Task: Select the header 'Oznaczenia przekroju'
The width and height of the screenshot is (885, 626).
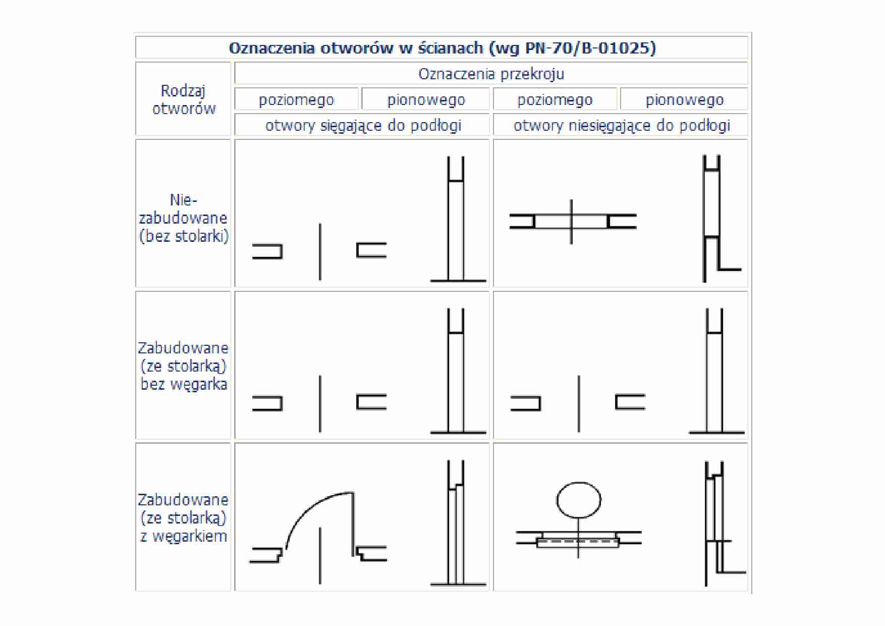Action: [x=491, y=74]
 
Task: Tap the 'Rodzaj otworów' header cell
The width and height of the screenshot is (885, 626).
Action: [x=184, y=99]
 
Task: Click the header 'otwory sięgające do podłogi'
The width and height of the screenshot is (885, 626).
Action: [x=363, y=125]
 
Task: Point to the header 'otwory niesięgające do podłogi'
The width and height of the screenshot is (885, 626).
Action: [x=622, y=125]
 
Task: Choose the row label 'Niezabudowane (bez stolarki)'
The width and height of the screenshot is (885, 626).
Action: [x=184, y=218]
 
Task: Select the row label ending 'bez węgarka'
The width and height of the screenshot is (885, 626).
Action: [x=184, y=366]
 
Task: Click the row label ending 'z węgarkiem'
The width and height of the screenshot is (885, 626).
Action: [x=184, y=518]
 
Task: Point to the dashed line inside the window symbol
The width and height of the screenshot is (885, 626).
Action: [x=578, y=541]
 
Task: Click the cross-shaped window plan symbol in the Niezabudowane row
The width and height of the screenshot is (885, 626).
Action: [x=573, y=222]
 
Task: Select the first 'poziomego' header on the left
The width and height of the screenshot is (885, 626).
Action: [x=296, y=100]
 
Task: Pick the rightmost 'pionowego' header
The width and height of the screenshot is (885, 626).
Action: [x=685, y=100]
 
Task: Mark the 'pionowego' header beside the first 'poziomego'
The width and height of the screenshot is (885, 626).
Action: [x=426, y=100]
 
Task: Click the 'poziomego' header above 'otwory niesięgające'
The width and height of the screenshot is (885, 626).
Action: [x=555, y=100]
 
